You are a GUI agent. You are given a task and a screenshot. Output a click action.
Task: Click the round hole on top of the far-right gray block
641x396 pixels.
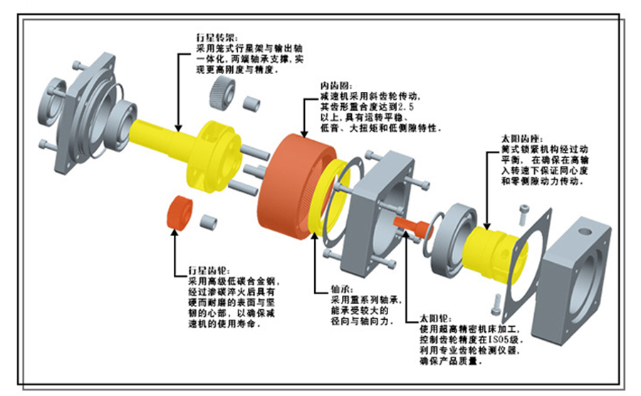588,231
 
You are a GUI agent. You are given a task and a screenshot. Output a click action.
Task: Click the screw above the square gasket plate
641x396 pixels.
526,212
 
